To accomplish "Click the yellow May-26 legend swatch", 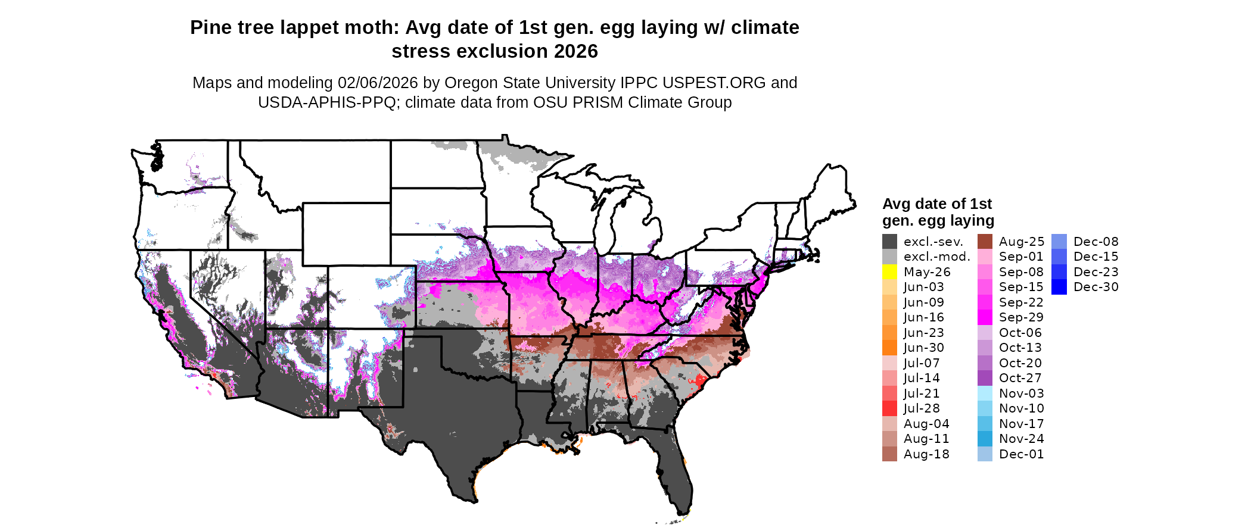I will (x=889, y=272).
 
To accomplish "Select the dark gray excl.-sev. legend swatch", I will (x=889, y=242).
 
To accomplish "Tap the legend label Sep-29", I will (x=1021, y=317).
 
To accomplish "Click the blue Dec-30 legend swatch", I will (x=1059, y=287).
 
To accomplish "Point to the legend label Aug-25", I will (x=1021, y=242).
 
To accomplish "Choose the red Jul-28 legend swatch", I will (x=889, y=408).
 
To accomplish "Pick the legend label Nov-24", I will (x=1021, y=439).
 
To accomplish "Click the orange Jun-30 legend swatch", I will (x=889, y=348).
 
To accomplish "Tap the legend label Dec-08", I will (x=1096, y=242).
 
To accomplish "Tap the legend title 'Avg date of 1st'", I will (x=936, y=204).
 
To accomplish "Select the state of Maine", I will (x=831, y=190).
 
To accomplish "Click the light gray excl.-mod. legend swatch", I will (x=889, y=257).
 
